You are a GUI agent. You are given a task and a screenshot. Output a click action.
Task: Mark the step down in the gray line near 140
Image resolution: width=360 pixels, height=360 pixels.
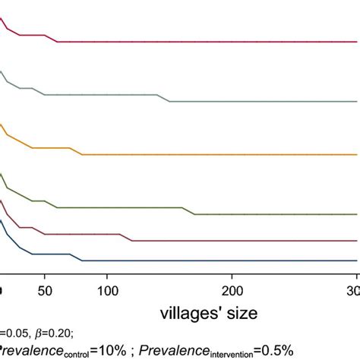pyautogui.click(x=164, y=98)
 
